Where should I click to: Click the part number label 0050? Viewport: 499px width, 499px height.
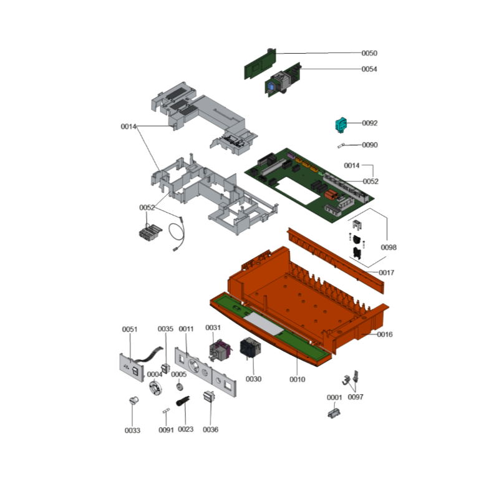(x=369, y=53)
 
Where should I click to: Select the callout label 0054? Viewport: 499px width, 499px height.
(x=369, y=69)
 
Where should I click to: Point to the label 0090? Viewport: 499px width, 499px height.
(x=370, y=145)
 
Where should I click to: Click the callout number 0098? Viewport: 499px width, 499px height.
(x=389, y=247)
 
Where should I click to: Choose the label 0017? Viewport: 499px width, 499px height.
(x=386, y=273)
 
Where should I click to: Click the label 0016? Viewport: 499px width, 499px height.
(x=385, y=334)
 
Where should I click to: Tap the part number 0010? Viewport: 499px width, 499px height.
(x=298, y=379)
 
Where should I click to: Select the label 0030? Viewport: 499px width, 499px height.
(x=254, y=379)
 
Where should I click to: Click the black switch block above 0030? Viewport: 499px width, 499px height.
(x=250, y=347)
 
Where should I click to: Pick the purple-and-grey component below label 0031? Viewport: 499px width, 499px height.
(x=219, y=351)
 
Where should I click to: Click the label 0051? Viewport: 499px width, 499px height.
(x=130, y=329)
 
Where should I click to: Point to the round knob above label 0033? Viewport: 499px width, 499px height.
(x=134, y=400)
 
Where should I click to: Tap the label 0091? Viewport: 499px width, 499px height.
(x=166, y=430)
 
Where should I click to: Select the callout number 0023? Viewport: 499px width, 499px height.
(x=185, y=429)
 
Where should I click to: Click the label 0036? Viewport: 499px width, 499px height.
(x=211, y=430)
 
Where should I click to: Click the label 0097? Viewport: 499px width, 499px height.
(x=356, y=397)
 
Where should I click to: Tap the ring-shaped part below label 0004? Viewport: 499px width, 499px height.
(x=155, y=388)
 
